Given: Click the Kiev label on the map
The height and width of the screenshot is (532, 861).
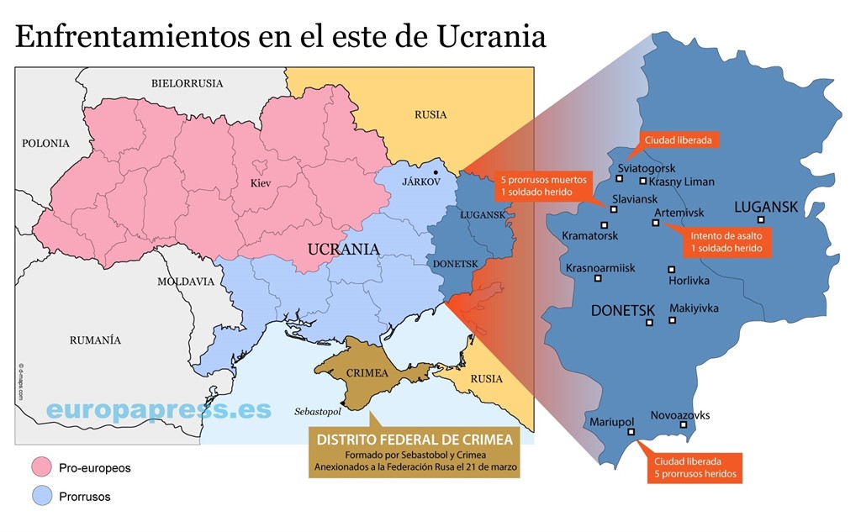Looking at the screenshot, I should click(x=261, y=182).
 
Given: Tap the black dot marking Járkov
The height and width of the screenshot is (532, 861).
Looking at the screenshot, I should click(x=436, y=172).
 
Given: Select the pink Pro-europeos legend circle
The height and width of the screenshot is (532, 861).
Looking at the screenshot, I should click(x=40, y=467).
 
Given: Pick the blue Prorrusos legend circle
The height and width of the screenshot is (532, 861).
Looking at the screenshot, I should click(x=40, y=496).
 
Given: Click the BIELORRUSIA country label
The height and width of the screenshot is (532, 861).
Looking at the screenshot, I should click(x=187, y=83).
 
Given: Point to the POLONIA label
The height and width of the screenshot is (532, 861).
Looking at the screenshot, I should click(x=45, y=144).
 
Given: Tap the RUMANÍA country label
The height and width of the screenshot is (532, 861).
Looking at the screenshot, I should click(x=94, y=340).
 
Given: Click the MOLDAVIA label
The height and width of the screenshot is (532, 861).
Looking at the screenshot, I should click(x=186, y=282).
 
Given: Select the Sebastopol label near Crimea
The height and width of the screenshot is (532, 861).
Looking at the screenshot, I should click(x=318, y=413).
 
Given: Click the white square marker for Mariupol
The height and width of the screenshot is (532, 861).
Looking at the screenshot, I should click(x=631, y=434).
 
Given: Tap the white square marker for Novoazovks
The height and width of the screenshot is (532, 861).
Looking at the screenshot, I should click(x=684, y=425).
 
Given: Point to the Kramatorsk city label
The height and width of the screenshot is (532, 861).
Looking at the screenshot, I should click(x=590, y=236).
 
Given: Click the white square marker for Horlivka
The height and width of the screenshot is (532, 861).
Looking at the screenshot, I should click(x=672, y=269).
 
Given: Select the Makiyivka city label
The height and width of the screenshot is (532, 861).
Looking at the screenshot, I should click(x=694, y=308).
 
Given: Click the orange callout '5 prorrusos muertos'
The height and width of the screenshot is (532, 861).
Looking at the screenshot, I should click(x=545, y=186).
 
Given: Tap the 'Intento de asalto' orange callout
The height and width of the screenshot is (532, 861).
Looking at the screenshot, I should click(x=726, y=241).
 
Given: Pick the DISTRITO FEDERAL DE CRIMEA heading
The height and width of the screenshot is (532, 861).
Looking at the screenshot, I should click(x=413, y=440).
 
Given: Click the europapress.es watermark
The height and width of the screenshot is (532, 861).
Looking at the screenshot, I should click(x=158, y=409).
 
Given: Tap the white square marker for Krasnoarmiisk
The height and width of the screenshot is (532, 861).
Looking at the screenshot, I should click(x=599, y=278).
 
